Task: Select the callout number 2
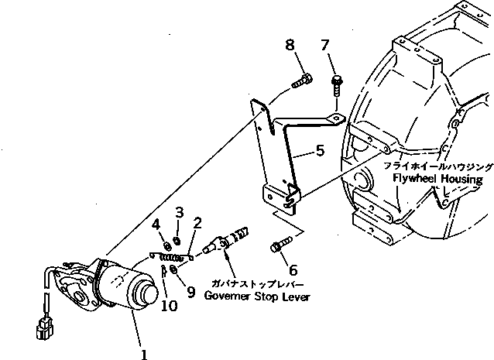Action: coord(198,224)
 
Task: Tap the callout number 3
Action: coord(179,211)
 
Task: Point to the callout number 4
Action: coord(157,225)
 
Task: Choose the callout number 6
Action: coord(293,270)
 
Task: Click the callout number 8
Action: coord(290,46)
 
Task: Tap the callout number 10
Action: coord(168,306)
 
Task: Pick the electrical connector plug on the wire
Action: coord(46,331)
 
